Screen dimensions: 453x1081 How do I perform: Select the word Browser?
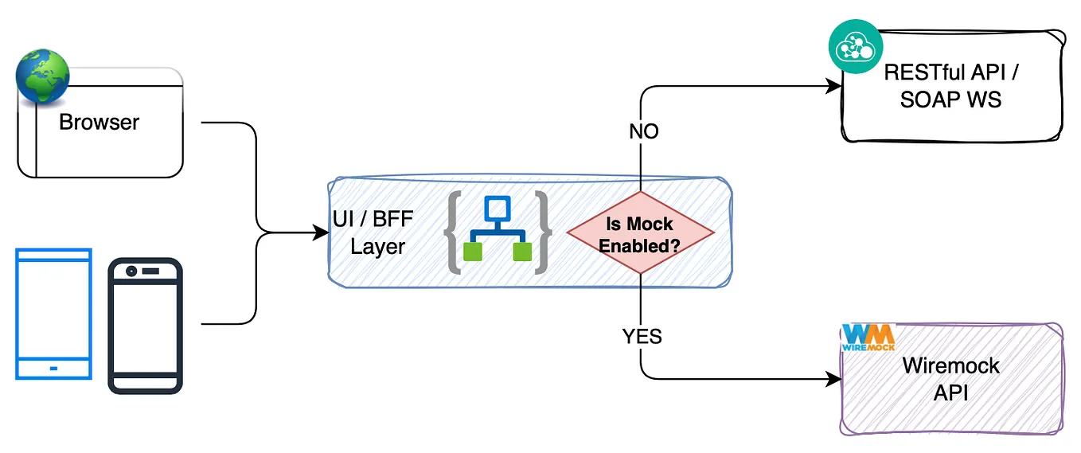[x=99, y=123]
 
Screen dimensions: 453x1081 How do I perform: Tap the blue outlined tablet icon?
[x=53, y=314]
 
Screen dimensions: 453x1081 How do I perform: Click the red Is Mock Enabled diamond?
[x=640, y=233]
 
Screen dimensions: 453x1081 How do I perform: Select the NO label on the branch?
[x=643, y=131]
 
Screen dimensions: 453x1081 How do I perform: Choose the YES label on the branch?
[x=642, y=337]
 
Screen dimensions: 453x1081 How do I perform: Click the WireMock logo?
[x=868, y=337]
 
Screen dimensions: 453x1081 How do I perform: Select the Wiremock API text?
[x=950, y=379]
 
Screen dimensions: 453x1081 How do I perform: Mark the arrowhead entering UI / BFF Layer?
[x=322, y=233]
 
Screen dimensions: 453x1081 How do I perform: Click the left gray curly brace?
[x=455, y=233]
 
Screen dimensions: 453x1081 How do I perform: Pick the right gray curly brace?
[x=543, y=233]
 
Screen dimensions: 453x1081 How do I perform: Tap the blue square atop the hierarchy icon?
[x=498, y=209]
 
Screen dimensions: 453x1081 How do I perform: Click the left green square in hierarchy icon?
[x=474, y=252]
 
